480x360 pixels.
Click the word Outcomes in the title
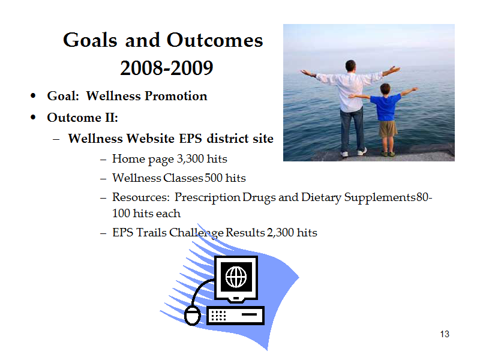click(x=215, y=40)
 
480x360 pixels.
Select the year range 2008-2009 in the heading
click(x=167, y=68)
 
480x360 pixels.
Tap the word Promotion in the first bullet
click(x=176, y=96)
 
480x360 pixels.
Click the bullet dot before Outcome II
click(x=33, y=118)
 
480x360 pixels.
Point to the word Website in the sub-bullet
click(x=151, y=139)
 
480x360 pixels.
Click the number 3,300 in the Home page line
click(x=190, y=159)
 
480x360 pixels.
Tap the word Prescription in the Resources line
click(x=207, y=198)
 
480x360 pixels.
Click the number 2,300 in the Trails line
click(x=280, y=233)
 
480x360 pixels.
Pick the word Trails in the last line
click(x=152, y=232)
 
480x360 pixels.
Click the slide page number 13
click(x=445, y=334)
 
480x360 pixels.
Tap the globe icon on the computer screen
click(x=236, y=277)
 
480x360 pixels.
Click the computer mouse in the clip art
click(x=193, y=316)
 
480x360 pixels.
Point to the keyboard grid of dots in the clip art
click(x=218, y=316)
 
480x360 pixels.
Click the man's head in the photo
click(x=350, y=66)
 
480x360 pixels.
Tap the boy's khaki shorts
click(x=388, y=128)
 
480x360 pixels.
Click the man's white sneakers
click(x=353, y=152)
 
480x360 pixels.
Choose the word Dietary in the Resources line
click(x=321, y=198)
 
